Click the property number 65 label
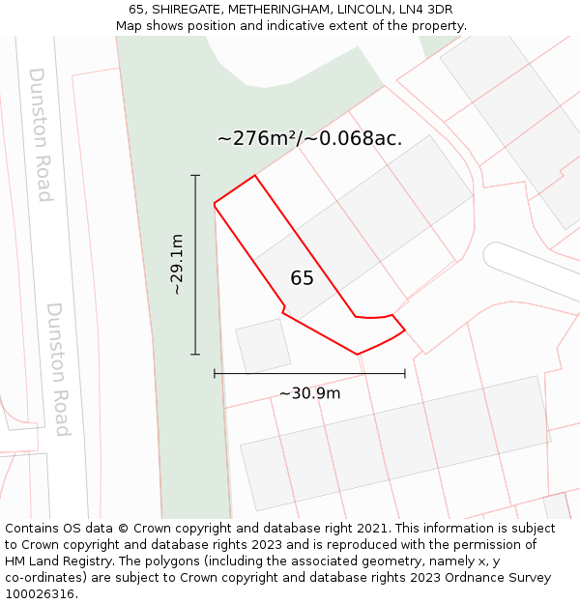pyautogui.click(x=302, y=278)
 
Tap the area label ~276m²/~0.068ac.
pyautogui.click(x=309, y=138)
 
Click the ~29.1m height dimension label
pyautogui.click(x=177, y=264)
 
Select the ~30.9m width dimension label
pyautogui.click(x=309, y=393)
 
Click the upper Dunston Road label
pyautogui.click(x=40, y=134)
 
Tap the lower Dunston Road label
pyautogui.click(x=59, y=369)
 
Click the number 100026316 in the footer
pyautogui.click(x=38, y=594)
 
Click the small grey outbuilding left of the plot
pyautogui.click(x=263, y=346)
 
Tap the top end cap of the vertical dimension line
pyautogui.click(x=195, y=176)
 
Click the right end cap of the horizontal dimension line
pyautogui.click(x=405, y=373)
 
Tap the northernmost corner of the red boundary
pyautogui.click(x=255, y=176)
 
